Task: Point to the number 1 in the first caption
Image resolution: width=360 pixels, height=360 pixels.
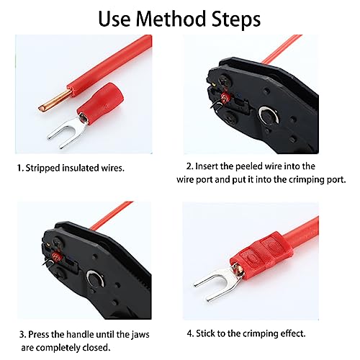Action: [19, 168]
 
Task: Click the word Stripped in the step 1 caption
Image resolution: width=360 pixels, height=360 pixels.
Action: [44, 168]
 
